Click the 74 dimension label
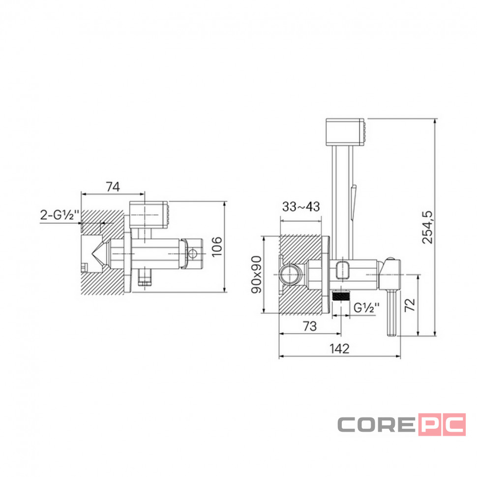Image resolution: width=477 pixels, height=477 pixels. pos(113,187)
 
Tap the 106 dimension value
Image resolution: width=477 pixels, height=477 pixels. pos(216,247)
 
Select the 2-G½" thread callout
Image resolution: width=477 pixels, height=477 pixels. pos(60,215)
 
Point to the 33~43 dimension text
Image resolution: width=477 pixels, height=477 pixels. pos(301,207)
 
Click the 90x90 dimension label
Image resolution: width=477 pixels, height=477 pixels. pos(256,274)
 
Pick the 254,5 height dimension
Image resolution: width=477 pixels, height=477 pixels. pos(427,227)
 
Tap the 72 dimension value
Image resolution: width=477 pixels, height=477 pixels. pos(410,304)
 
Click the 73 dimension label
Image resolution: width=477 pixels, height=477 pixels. pos(310,326)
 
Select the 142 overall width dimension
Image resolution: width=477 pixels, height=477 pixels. pos(339,349)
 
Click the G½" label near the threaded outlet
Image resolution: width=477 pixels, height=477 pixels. pos(366,308)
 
